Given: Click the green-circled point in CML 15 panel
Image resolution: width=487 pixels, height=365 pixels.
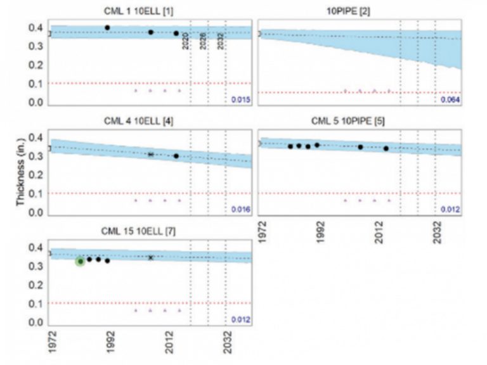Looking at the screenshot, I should pos(81,261).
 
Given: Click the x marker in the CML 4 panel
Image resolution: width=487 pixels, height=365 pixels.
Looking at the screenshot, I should pos(151,154).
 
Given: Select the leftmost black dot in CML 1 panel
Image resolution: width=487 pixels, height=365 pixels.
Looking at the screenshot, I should pos(107,28).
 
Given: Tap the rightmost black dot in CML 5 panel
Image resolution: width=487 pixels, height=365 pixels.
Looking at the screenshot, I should pos(386,148).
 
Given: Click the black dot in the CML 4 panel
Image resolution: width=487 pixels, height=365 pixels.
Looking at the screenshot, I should pos(176,156).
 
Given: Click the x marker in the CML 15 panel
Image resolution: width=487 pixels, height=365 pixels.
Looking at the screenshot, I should pos(151,257).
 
